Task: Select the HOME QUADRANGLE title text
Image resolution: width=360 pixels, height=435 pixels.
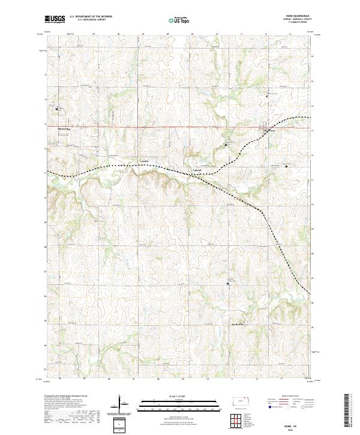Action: [296, 17]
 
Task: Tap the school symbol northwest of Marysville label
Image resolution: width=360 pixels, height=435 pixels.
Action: [57, 109]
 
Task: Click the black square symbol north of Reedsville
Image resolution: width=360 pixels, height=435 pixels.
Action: [228, 283]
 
